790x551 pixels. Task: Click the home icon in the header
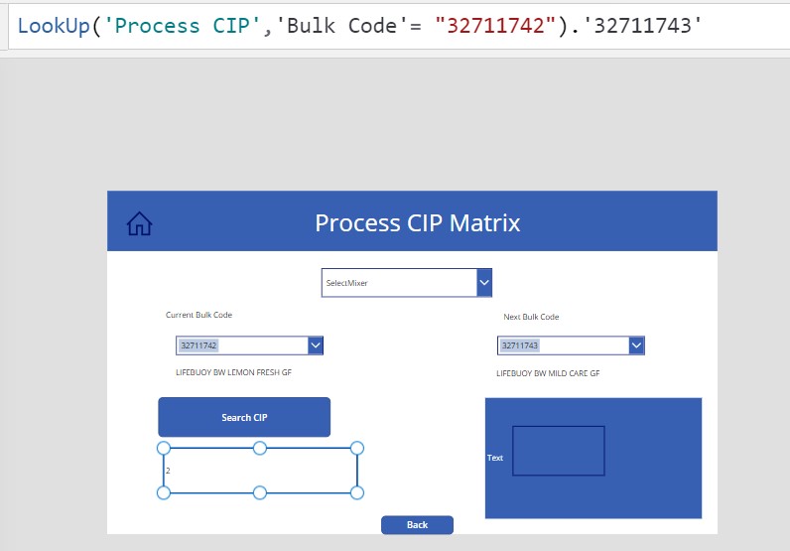(x=140, y=224)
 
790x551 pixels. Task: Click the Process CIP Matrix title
(x=417, y=222)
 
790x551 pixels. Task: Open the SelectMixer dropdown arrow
(x=484, y=283)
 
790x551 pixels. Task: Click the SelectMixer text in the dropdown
(x=347, y=283)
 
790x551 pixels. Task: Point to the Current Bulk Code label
(x=198, y=315)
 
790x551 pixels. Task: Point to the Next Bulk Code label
(x=531, y=317)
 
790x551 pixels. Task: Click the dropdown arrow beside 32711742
(x=316, y=345)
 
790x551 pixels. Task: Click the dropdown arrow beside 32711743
(x=636, y=345)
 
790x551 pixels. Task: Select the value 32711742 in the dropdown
(x=198, y=345)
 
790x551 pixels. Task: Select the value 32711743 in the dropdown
(x=520, y=345)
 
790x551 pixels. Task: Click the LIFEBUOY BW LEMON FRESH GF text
(x=233, y=372)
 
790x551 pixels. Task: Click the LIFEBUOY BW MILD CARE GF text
(x=548, y=374)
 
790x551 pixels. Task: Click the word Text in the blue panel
(x=495, y=458)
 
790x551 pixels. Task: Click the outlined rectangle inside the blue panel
(x=558, y=451)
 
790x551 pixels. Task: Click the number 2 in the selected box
(x=168, y=471)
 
